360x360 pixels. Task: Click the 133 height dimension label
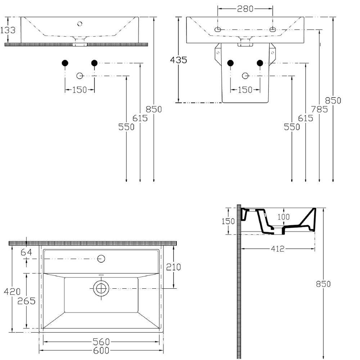click(x=8, y=30)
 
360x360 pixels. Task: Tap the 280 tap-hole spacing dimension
click(x=245, y=9)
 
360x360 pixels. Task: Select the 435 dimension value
click(x=179, y=60)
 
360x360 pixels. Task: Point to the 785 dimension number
click(x=319, y=109)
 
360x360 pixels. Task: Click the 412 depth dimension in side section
click(x=278, y=249)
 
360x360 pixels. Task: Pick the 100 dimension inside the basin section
click(x=284, y=217)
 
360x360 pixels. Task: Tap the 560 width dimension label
click(x=101, y=342)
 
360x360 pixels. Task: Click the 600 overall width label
click(x=101, y=351)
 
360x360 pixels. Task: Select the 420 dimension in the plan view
click(x=12, y=292)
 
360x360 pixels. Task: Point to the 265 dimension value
click(x=26, y=301)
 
